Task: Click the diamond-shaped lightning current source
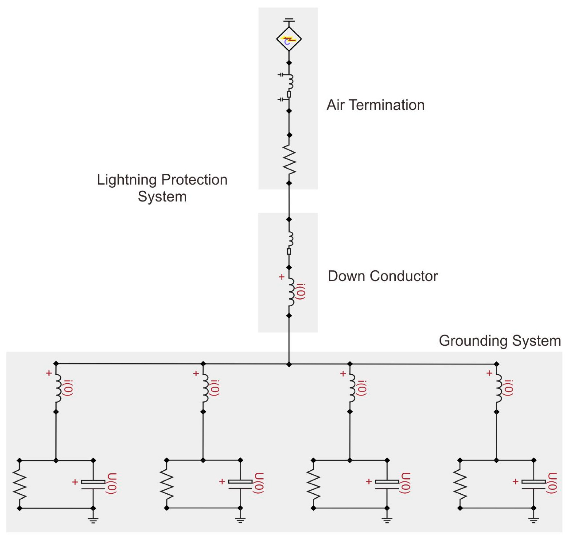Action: pos(289,39)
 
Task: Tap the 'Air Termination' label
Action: pos(375,105)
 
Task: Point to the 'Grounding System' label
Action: pos(500,341)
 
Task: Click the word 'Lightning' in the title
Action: pos(127,180)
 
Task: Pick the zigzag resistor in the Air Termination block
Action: pos(289,159)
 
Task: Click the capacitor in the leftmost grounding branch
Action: pos(93,484)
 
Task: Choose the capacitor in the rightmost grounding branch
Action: pos(534,484)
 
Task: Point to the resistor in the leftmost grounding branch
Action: pos(20,484)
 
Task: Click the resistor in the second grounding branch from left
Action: pos(166,484)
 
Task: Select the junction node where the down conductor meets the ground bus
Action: pos(289,365)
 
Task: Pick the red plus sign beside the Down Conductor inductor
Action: pos(282,277)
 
